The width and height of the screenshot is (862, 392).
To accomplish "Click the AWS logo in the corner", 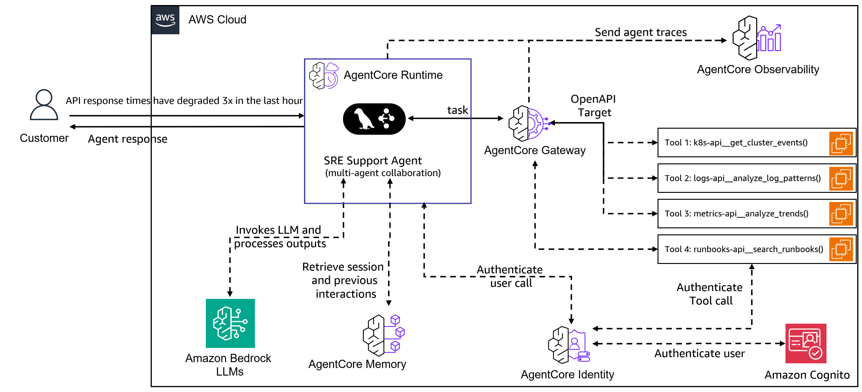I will tap(165, 20).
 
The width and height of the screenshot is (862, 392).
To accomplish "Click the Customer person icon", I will tap(44, 105).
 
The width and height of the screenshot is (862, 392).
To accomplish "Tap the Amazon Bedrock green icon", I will tap(230, 323).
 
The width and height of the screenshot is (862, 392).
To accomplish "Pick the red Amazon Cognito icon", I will tap(805, 343).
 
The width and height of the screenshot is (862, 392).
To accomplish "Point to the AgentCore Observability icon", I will tap(756, 38).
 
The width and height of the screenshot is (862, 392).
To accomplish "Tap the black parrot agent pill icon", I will tap(374, 119).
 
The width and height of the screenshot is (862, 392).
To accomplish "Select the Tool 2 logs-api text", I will tap(742, 178).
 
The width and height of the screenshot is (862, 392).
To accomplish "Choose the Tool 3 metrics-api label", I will tap(736, 214).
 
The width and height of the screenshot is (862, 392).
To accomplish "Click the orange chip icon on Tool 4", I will tap(841, 249).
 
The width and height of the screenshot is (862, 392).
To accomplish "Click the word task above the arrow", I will tap(457, 110).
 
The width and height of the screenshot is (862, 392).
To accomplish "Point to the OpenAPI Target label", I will tap(593, 106).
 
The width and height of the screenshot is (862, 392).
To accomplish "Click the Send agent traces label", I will tap(640, 32).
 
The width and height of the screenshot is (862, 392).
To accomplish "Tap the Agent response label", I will tap(127, 139).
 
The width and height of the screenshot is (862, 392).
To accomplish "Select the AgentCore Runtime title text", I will tap(393, 75).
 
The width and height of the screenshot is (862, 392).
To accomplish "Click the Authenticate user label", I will tap(699, 353).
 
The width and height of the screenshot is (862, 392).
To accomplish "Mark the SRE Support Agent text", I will tap(372, 160).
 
